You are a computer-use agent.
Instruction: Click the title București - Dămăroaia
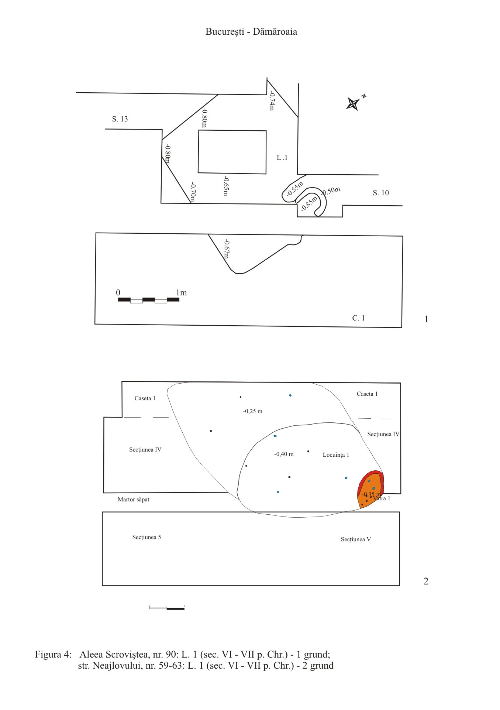coord(251,32)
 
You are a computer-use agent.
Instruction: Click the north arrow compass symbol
coord(354,103)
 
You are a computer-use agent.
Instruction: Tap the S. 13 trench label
coord(120,119)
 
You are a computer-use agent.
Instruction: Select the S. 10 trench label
coord(381,193)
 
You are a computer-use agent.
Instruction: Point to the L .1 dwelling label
coord(282,158)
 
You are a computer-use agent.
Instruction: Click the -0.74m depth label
coord(272,101)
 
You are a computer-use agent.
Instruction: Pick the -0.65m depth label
coord(226,186)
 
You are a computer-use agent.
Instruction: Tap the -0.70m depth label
coord(193,193)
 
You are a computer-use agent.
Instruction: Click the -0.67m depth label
coord(227,249)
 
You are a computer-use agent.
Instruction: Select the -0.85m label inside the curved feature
coord(309,203)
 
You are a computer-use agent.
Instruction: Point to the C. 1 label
coord(359,318)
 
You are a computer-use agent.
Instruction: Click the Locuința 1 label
coord(336,455)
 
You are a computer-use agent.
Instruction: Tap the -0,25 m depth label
coord(253,411)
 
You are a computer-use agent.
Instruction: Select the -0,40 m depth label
coord(284,454)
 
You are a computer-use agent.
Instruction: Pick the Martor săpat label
coord(134,500)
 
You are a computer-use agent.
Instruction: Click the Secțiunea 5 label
coord(146,537)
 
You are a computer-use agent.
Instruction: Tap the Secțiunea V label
coord(356,539)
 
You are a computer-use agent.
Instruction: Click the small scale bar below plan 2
coord(167,608)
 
